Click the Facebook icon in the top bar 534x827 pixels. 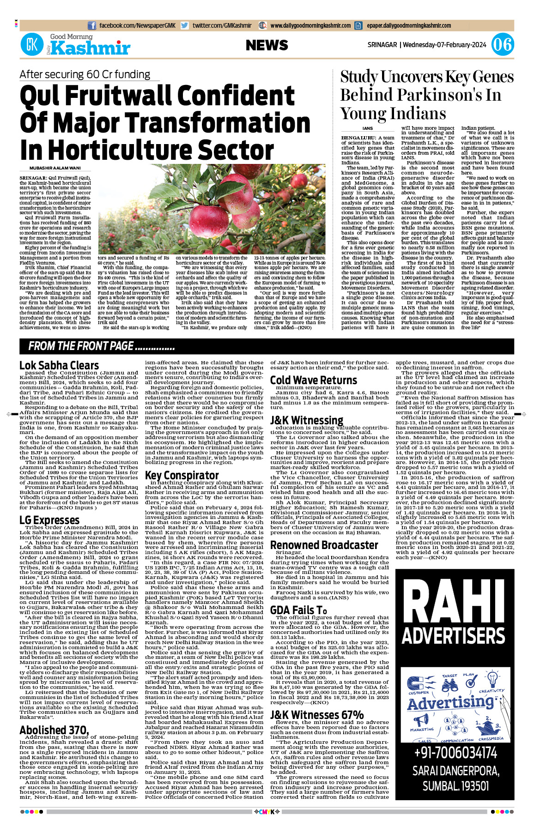(x=92, y=26)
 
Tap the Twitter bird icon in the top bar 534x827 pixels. (x=184, y=26)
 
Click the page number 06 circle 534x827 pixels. (x=502, y=45)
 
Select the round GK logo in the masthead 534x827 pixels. (x=32, y=45)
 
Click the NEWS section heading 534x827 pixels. (x=267, y=45)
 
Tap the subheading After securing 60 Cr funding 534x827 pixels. (x=85, y=74)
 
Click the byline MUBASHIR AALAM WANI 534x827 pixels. (x=55, y=168)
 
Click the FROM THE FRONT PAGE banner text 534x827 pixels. (x=101, y=346)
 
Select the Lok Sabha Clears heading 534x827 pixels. (x=59, y=365)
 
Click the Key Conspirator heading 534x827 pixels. (x=182, y=475)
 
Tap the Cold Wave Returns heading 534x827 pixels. (x=313, y=380)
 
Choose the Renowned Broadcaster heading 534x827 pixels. (x=324, y=545)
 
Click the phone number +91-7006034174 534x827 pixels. (x=455, y=753)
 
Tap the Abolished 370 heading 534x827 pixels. (x=54, y=730)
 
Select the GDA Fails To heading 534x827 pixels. (x=298, y=610)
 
